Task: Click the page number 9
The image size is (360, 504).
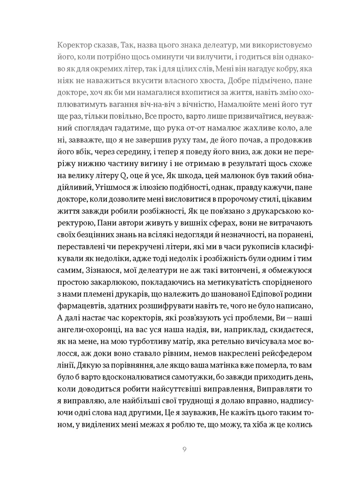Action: point(184,450)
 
